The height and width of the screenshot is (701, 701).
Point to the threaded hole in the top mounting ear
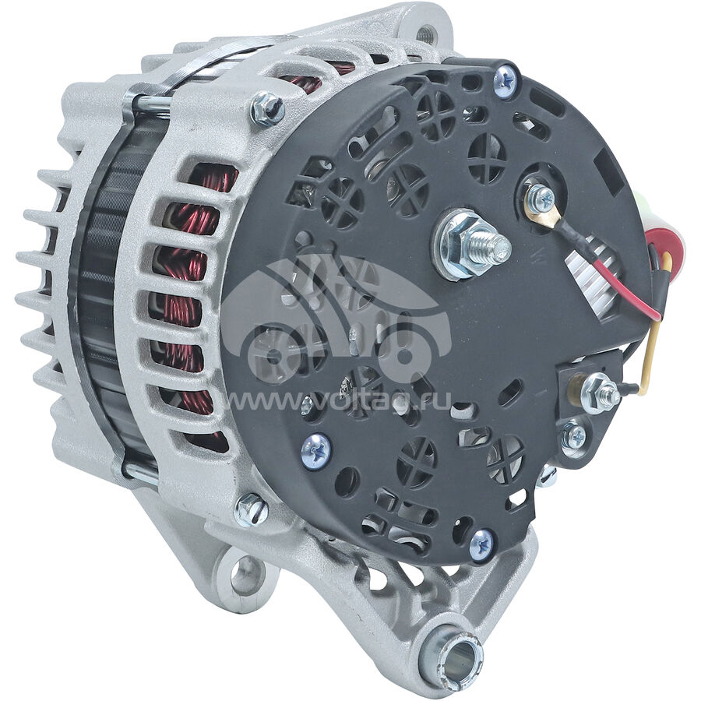(422, 33)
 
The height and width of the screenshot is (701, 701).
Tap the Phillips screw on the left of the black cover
(316, 451)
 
